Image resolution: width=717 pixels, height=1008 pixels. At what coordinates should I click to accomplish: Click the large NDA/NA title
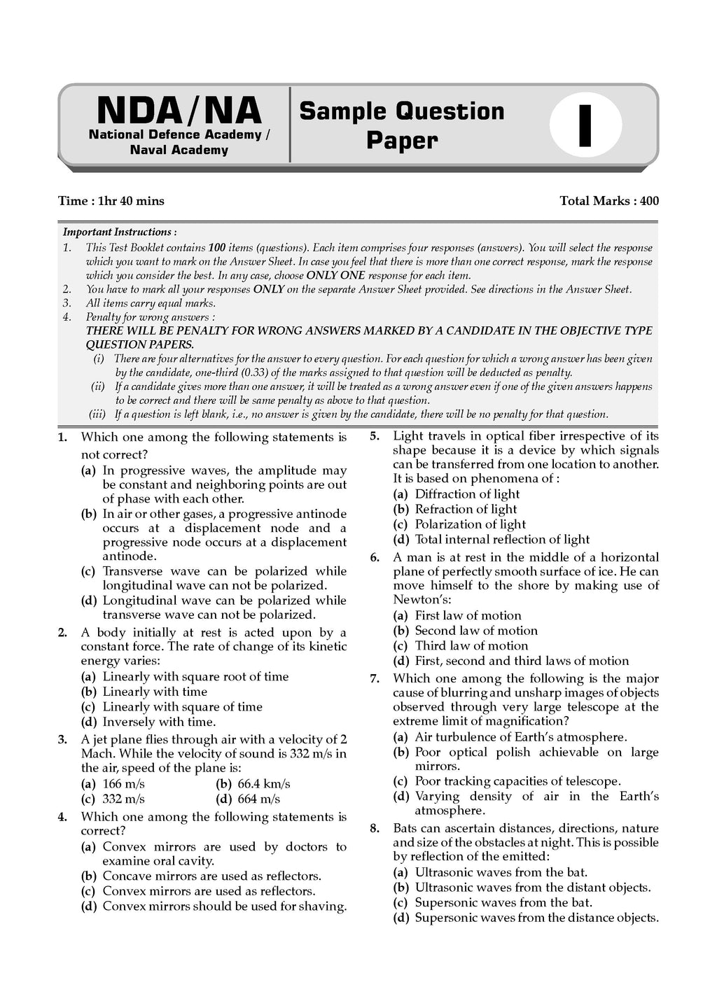pyautogui.click(x=179, y=111)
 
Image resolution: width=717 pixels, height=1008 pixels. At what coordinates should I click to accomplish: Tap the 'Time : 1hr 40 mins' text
pyautogui.click(x=111, y=201)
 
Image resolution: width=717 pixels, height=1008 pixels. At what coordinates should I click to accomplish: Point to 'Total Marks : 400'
pyautogui.click(x=609, y=201)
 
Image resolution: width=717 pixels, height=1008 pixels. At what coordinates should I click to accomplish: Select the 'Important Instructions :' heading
pyautogui.click(x=120, y=232)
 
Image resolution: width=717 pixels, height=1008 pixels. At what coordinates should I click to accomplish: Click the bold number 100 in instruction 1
pyautogui.click(x=217, y=248)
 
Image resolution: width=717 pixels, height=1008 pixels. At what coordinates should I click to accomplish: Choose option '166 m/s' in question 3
pyautogui.click(x=123, y=783)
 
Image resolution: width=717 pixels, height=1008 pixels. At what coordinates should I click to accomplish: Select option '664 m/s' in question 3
pyautogui.click(x=258, y=799)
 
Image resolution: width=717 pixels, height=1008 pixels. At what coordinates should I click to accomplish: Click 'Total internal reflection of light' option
pyautogui.click(x=502, y=539)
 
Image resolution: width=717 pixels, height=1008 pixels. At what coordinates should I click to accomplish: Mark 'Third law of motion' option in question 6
pyautogui.click(x=471, y=645)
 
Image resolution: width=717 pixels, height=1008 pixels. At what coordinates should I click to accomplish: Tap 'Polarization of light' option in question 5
pyautogui.click(x=470, y=524)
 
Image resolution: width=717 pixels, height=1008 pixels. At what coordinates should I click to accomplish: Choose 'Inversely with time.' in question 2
pyautogui.click(x=159, y=722)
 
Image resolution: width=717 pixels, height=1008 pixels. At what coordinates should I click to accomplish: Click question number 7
pyautogui.click(x=375, y=678)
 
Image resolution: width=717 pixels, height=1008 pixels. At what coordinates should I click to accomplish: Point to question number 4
pyautogui.click(x=62, y=817)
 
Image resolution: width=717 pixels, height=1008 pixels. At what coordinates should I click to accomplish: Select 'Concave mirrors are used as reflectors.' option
pyautogui.click(x=211, y=876)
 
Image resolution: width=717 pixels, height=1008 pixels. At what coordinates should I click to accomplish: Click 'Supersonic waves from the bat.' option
pyautogui.click(x=503, y=902)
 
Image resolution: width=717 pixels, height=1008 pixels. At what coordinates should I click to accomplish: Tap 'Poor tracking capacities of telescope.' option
pyautogui.click(x=517, y=781)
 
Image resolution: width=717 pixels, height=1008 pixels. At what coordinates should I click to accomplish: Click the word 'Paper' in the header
pyautogui.click(x=402, y=140)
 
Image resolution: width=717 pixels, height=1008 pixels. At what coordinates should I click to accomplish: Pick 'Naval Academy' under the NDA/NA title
pyautogui.click(x=179, y=150)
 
